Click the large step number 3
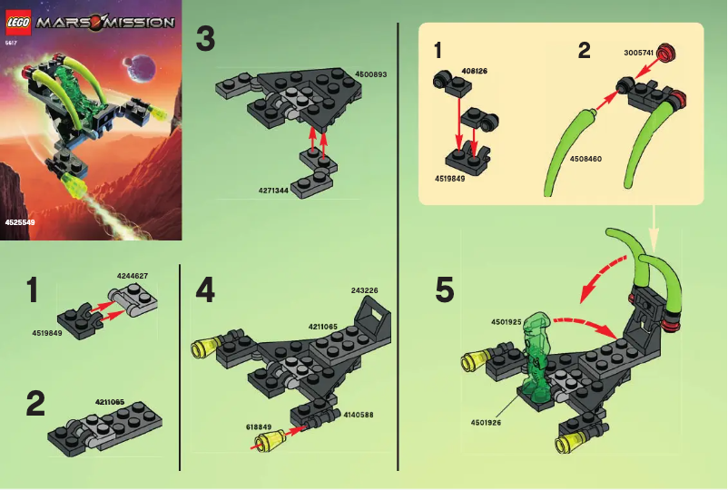tap(206, 40)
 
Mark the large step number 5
tap(445, 289)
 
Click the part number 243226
tap(364, 290)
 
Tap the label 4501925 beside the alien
tap(507, 321)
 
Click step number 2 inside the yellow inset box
tap(584, 50)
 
